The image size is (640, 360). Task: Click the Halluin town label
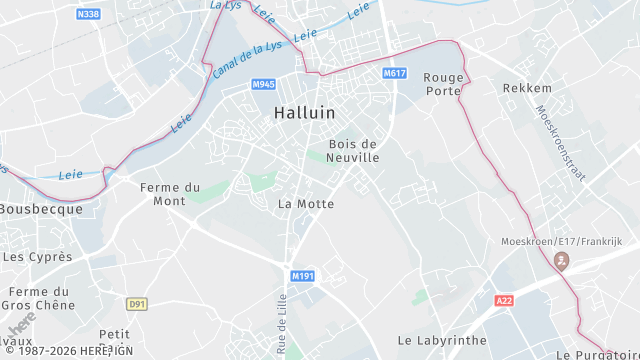304,113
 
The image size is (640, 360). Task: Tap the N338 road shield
88,14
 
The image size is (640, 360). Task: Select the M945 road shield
264,84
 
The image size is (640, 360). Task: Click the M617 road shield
395,74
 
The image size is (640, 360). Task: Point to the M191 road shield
303,275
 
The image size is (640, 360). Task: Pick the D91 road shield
137,303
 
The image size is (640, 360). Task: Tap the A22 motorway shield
504,300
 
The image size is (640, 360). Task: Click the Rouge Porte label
443,84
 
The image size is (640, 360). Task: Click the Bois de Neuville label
354,151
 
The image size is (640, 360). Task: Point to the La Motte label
305,204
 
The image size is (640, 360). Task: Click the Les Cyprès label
38,257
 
